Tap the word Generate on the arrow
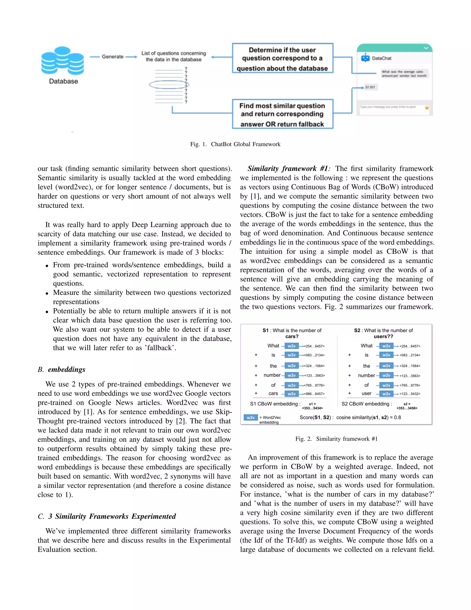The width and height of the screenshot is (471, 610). [112, 57]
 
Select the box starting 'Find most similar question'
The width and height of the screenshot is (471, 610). [282, 114]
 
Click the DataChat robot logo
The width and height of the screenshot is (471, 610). [365, 58]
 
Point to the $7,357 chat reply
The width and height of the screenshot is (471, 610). [370, 87]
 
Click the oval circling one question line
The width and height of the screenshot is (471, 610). [169, 84]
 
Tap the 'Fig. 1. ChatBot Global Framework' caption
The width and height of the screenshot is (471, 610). [235, 144]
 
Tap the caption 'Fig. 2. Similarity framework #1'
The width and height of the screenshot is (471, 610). [336, 439]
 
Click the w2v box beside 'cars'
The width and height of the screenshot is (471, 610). [292, 394]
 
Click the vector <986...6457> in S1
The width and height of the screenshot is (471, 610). [314, 394]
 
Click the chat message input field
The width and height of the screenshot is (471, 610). [391, 107]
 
